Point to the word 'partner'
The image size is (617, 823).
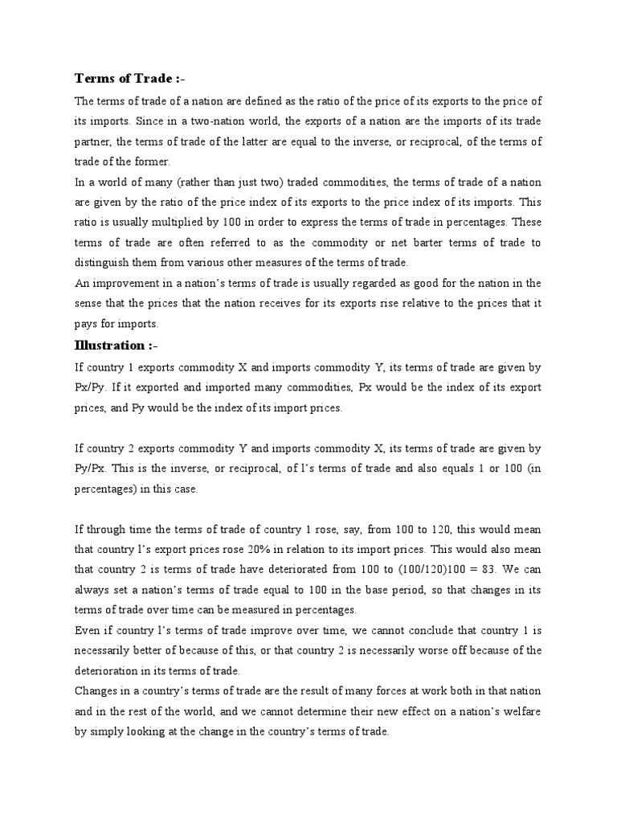coord(94,142)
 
